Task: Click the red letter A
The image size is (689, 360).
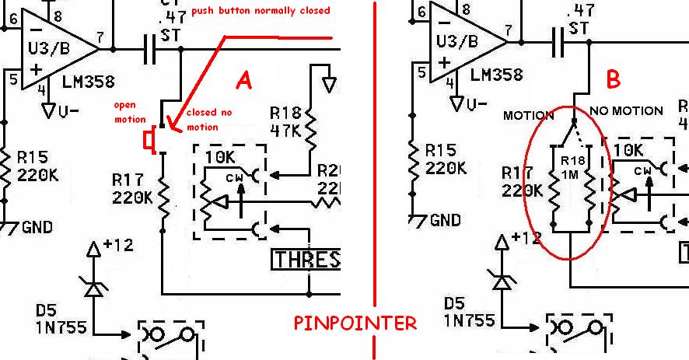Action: [x=244, y=81]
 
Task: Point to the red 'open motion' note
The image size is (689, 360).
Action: [x=130, y=113]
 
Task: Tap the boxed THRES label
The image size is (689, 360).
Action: [x=306, y=259]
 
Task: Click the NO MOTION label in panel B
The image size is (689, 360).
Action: [x=626, y=110]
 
